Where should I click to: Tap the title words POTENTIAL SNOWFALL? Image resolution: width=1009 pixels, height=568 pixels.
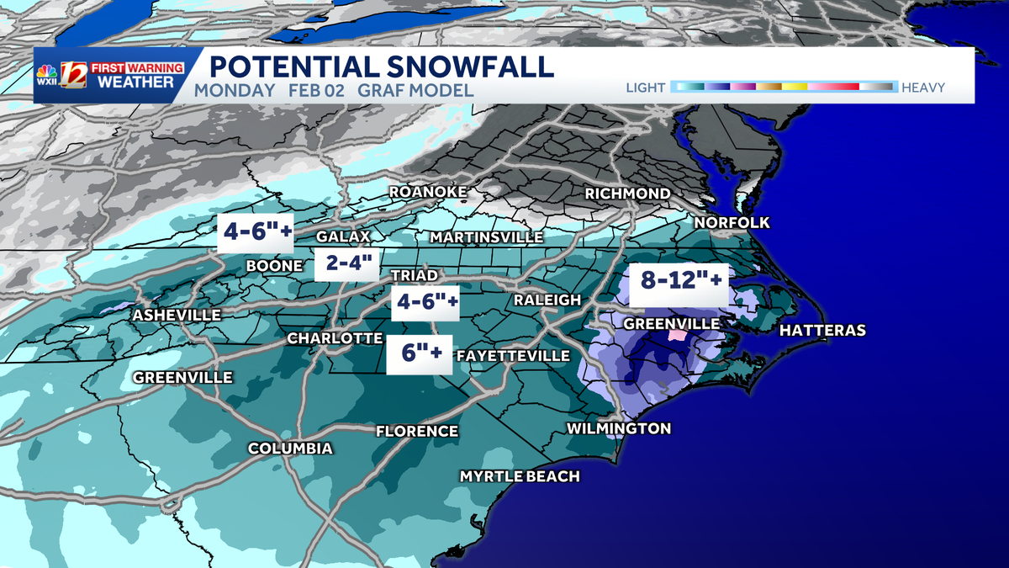(x=381, y=66)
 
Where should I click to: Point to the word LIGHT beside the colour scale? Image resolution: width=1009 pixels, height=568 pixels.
(x=646, y=88)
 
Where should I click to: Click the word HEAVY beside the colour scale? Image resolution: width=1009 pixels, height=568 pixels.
(x=923, y=88)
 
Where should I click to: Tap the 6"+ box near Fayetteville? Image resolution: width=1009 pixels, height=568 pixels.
(x=419, y=354)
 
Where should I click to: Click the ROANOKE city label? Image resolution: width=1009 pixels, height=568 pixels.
(x=427, y=193)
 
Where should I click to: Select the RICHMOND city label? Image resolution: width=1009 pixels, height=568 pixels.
(x=628, y=194)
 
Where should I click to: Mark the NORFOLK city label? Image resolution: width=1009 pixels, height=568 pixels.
(x=732, y=223)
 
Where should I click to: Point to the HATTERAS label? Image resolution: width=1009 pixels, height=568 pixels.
(x=822, y=331)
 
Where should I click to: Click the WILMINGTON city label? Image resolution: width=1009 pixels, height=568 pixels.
(x=619, y=428)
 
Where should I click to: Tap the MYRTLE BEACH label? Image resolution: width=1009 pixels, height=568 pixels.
(x=520, y=476)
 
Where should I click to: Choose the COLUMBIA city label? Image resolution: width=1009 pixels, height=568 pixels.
(x=290, y=449)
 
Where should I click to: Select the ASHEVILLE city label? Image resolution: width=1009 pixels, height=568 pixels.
(x=176, y=315)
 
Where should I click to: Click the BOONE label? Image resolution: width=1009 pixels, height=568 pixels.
(x=274, y=266)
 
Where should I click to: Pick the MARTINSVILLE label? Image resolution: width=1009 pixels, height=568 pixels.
(x=486, y=237)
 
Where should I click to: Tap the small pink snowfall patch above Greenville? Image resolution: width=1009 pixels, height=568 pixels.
(x=676, y=334)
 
